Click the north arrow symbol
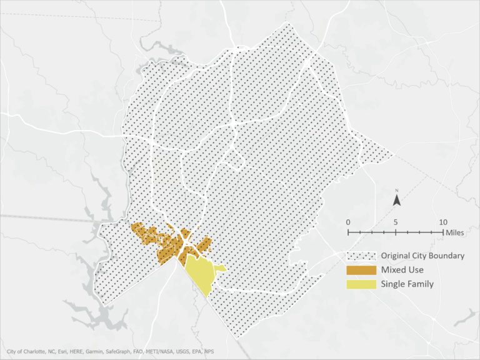click(396, 200)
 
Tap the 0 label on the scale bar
click(348, 222)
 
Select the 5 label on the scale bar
click(396, 222)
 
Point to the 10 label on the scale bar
click(443, 222)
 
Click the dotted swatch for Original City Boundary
click(361, 256)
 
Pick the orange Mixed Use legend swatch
click(361, 270)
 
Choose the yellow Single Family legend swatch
click(361, 284)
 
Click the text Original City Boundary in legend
click(422, 256)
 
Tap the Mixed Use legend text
click(402, 270)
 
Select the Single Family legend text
click(407, 284)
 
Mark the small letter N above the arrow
click(396, 191)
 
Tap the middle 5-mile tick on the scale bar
click(396, 232)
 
